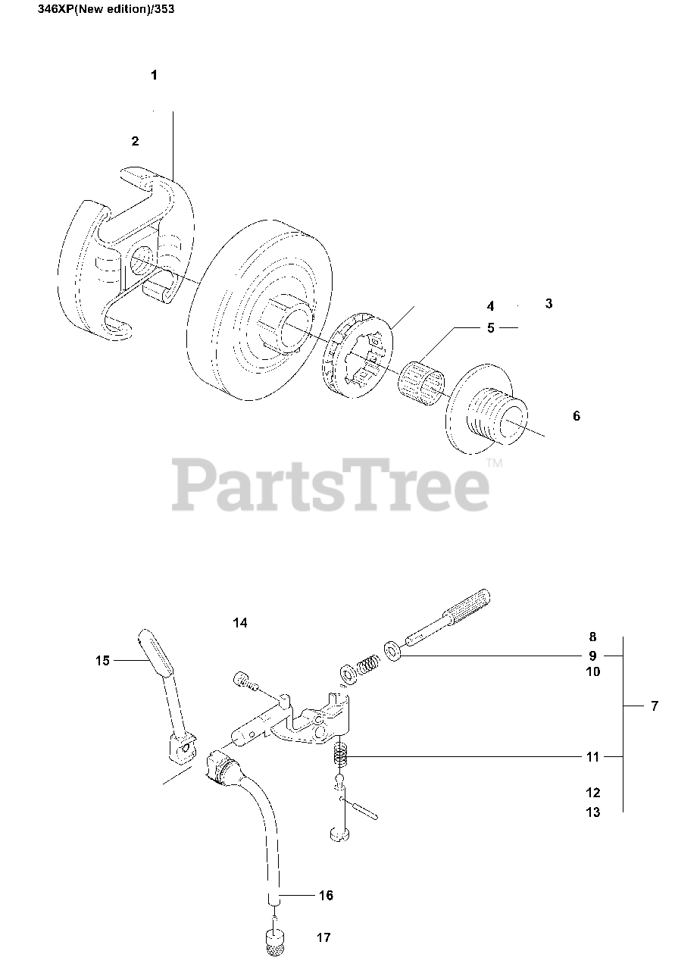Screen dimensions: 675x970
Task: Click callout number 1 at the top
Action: click(x=154, y=75)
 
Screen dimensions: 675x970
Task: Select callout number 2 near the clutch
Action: click(x=135, y=141)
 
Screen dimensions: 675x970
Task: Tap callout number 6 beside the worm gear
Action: click(x=577, y=416)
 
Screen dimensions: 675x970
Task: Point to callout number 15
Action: click(x=102, y=661)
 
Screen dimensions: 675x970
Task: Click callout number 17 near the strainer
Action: click(x=323, y=937)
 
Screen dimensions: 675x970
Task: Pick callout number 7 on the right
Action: click(x=655, y=706)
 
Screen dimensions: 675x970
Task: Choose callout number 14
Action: click(x=240, y=623)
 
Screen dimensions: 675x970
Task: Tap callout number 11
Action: click(x=592, y=756)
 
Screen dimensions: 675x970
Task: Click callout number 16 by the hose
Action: click(x=326, y=895)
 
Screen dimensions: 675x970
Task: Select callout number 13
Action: click(x=592, y=812)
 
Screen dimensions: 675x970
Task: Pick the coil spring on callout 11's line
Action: click(x=340, y=756)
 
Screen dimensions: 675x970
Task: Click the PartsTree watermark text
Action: click(x=330, y=485)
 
